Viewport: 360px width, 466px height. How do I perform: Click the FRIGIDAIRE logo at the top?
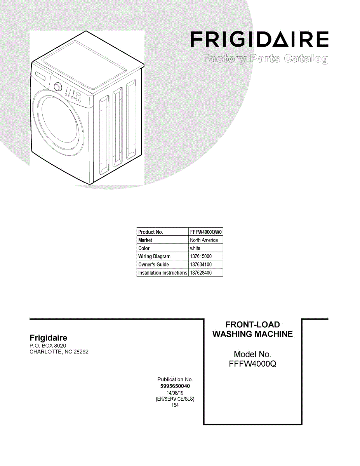pyautogui.click(x=259, y=40)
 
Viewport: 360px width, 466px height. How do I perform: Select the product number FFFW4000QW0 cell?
pyautogui.click(x=206, y=232)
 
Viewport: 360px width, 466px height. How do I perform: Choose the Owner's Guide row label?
pyautogui.click(x=154, y=265)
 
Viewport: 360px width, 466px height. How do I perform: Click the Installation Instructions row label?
pyautogui.click(x=163, y=273)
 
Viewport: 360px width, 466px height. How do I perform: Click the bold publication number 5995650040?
pyautogui.click(x=175, y=386)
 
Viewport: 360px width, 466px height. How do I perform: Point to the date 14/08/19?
pyautogui.click(x=175, y=393)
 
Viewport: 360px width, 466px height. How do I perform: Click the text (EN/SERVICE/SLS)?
pyautogui.click(x=175, y=399)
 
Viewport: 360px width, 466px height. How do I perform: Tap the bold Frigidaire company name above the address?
pyautogui.click(x=49, y=338)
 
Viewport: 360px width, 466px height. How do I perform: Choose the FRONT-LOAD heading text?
pyautogui.click(x=252, y=325)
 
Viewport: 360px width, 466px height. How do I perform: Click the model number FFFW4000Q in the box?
pyautogui.click(x=252, y=364)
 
